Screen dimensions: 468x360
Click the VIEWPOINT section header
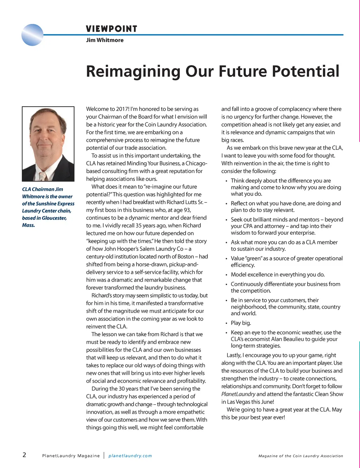pyautogui.click(x=111, y=29)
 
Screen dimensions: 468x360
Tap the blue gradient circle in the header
pyautogui.click(x=32, y=35)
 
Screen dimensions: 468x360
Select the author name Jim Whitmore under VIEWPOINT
pyautogui.click(x=105, y=40)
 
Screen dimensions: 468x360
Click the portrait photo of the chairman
pyautogui.click(x=48, y=144)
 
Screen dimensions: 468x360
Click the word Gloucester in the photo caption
pyautogui.click(x=54, y=218)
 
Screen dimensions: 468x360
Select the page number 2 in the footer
pyautogui.click(x=24, y=455)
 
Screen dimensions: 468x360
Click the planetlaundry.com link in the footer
pyautogui.click(x=130, y=456)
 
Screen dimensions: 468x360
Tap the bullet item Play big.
pyautogui.click(x=241, y=323)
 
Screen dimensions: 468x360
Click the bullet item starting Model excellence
pyautogui.click(x=278, y=275)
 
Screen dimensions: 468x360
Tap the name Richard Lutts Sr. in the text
pyautogui.click(x=184, y=202)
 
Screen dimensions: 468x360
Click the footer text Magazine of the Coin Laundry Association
pyautogui.click(x=301, y=456)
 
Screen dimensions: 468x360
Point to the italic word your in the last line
pyautogui.click(x=244, y=418)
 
